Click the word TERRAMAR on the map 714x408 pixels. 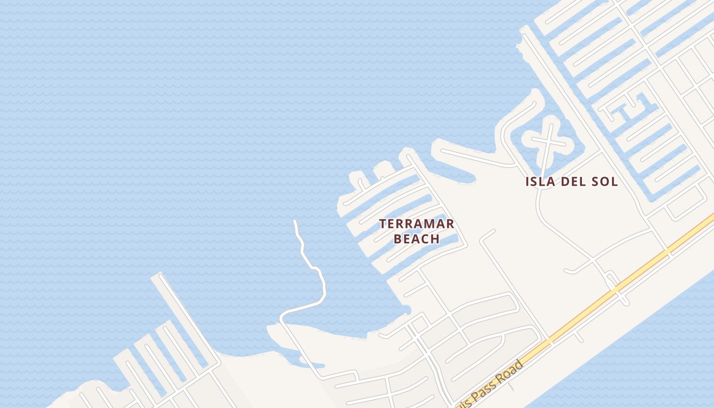pos(417,224)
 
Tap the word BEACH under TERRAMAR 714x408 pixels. pos(417,239)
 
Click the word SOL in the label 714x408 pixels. pos(604,182)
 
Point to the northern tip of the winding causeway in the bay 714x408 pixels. pos(295,221)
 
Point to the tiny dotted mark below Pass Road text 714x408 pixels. pos(512,388)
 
